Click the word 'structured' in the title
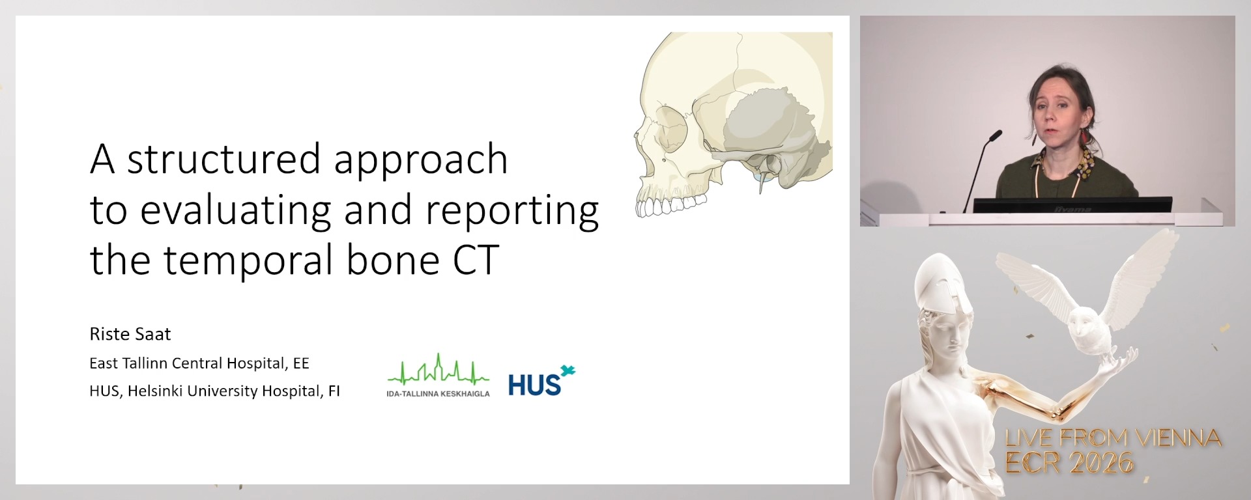(225, 160)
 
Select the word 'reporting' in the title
(512, 210)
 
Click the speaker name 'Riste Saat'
(130, 334)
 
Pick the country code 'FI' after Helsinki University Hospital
(334, 391)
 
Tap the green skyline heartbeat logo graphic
(438, 371)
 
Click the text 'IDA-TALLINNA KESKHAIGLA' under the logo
(438, 394)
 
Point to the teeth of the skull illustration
(668, 206)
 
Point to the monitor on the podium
(1072, 205)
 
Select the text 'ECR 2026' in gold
(1069, 463)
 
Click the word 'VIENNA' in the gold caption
(1178, 438)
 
